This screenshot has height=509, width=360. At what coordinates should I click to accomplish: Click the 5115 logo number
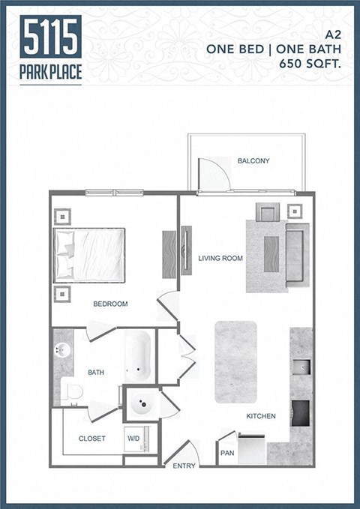pos(51,37)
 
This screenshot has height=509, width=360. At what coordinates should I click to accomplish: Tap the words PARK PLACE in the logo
pos(51,73)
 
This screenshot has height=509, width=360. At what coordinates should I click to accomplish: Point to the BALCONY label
pos(253,161)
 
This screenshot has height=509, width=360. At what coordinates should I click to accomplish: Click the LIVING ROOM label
pos(220,259)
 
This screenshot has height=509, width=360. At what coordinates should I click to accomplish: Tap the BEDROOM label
pos(110,304)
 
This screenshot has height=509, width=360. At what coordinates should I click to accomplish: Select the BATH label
pos(95,372)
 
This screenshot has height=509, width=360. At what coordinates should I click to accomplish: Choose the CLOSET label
pos(91,439)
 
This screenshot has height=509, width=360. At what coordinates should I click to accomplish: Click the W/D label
pos(133,439)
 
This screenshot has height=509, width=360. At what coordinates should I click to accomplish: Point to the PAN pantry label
pos(226,453)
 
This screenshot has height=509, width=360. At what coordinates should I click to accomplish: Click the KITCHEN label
pos(261,416)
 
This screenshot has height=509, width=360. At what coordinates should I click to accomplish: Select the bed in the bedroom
pos(89,255)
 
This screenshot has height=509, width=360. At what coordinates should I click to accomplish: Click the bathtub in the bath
pos(138,356)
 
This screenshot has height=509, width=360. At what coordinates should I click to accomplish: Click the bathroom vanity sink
pos(62,351)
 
